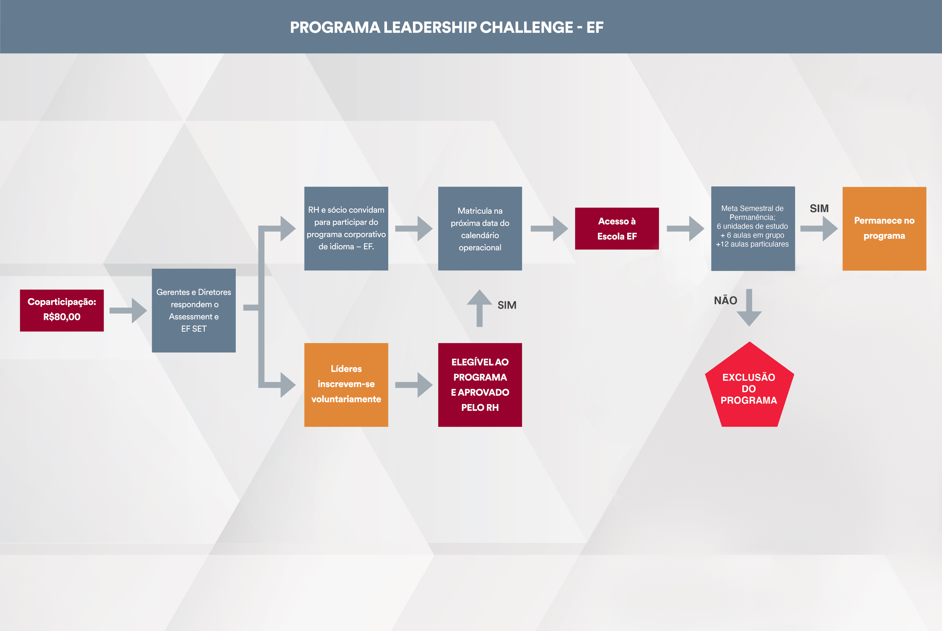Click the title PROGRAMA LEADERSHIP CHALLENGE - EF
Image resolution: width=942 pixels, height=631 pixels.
[447, 27]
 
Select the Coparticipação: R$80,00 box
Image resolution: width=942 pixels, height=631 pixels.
[62, 310]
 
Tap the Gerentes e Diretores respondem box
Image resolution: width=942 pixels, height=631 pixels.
[194, 310]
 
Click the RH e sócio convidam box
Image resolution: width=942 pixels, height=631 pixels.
[346, 228]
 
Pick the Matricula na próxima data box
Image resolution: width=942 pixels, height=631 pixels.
[480, 228]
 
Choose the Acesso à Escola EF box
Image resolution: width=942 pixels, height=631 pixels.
[617, 228]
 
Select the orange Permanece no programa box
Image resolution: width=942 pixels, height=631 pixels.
[884, 228]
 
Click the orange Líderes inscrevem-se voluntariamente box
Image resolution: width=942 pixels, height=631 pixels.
[346, 384]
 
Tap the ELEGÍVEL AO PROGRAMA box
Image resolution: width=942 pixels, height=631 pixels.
[480, 384]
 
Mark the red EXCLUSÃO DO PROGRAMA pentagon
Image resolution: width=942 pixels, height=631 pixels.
[749, 388]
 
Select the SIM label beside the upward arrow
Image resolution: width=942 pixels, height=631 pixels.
[507, 305]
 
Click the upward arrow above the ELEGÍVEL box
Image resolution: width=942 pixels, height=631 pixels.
[479, 308]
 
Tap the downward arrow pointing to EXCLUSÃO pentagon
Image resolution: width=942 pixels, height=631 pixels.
[749, 308]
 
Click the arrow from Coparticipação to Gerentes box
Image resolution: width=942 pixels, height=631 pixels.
[128, 310]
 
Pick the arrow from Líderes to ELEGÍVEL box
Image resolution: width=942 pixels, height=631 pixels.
[414, 385]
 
